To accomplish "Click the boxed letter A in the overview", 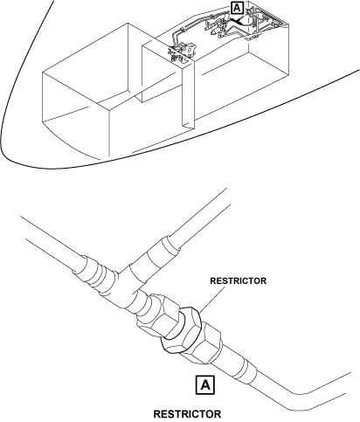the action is pos(237,8).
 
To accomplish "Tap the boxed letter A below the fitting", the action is pos(205,385).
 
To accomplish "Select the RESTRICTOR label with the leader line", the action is pos(238,281).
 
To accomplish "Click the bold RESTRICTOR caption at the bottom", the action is pos(187,414).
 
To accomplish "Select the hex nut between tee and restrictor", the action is pos(157,315).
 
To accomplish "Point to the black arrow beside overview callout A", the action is pos(238,21).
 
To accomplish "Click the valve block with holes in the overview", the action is pos(190,50).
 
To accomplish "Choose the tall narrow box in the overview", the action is pos(188,94).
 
